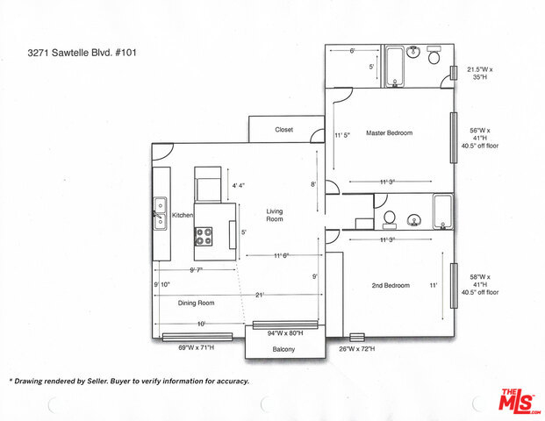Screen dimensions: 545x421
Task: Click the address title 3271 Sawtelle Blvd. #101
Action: pos(82,53)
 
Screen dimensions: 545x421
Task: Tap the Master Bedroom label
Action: pos(390,132)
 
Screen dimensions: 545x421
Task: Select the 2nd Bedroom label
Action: pos(391,286)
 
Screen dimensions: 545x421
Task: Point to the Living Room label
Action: pos(275,215)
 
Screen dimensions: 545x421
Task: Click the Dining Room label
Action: pos(196,303)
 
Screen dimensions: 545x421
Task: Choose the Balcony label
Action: pos(283,349)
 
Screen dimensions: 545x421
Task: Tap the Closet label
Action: pos(284,130)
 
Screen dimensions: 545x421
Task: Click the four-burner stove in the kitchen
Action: pos(204,236)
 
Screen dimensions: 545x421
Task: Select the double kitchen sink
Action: pos(161,213)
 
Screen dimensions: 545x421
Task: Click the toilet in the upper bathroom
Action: pos(434,54)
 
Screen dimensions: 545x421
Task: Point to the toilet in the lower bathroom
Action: pos(390,220)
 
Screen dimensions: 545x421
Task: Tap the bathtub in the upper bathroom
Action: pos(395,67)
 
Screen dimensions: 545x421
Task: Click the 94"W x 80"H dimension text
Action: pos(285,333)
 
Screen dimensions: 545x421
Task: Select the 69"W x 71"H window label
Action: pos(197,347)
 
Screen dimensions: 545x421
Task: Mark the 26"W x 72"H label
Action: pos(357,348)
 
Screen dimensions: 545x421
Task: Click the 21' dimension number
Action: pos(260,295)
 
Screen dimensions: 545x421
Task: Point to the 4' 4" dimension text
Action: pos(239,185)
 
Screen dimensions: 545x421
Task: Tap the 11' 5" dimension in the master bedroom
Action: pos(342,135)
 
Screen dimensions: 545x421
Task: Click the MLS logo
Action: pos(520,401)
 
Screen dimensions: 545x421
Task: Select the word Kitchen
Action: pos(183,215)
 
